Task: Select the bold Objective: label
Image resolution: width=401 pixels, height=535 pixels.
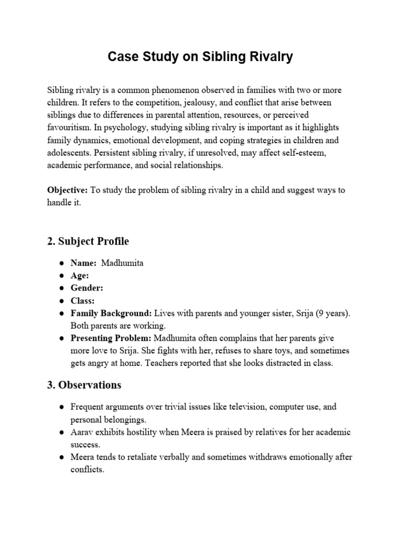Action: click(x=68, y=190)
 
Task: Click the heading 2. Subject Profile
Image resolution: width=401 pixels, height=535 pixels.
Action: click(x=88, y=241)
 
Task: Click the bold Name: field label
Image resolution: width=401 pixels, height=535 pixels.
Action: click(x=84, y=263)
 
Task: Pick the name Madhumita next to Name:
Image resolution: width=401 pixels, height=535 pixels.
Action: click(x=122, y=263)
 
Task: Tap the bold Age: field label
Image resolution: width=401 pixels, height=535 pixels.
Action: click(x=80, y=275)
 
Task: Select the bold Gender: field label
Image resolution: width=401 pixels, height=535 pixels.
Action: click(x=87, y=288)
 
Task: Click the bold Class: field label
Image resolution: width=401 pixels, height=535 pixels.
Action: click(x=82, y=300)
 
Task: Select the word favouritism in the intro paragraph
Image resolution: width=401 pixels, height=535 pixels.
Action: click(x=69, y=127)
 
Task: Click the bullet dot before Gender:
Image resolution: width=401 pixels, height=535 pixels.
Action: click(x=62, y=288)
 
